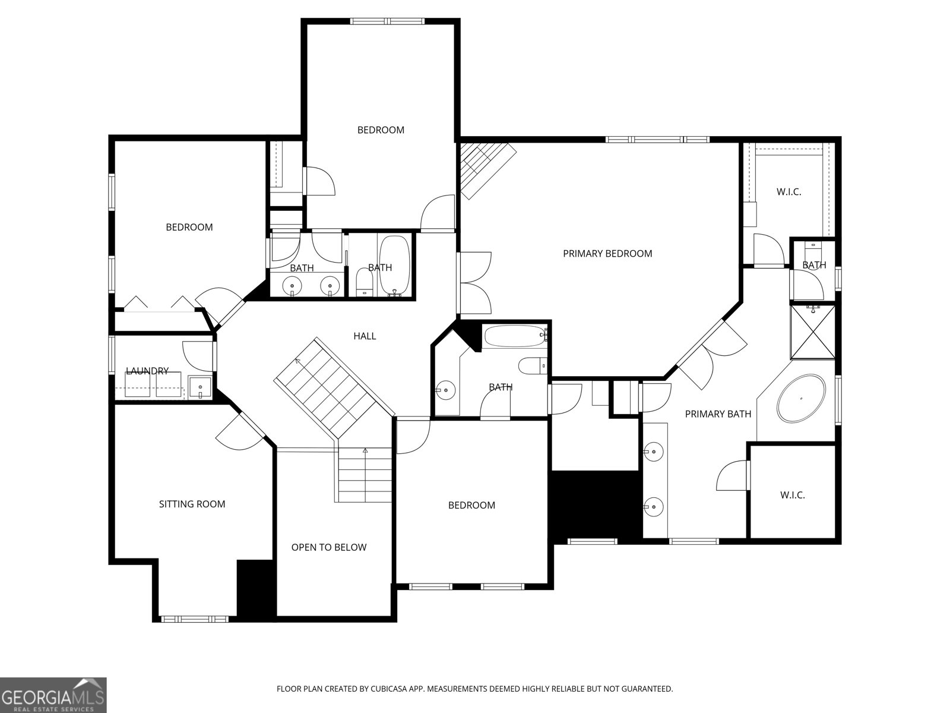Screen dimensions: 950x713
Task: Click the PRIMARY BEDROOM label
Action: click(x=607, y=254)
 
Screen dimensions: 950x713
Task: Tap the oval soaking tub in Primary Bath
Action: click(x=801, y=398)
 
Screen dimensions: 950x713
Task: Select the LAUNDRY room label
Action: click(x=147, y=371)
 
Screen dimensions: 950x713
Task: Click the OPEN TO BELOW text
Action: click(x=329, y=547)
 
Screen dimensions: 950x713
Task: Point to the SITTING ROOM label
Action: click(x=192, y=504)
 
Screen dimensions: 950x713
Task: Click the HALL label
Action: click(x=365, y=336)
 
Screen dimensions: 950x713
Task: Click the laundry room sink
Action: click(x=200, y=387)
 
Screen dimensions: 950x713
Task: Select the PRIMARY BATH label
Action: click(x=718, y=414)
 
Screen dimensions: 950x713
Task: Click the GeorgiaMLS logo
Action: click(x=53, y=695)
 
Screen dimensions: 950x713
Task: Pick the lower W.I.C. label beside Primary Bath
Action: click(x=793, y=496)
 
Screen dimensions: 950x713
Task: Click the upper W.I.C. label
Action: click(x=788, y=192)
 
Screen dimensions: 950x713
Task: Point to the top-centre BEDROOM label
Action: click(x=381, y=130)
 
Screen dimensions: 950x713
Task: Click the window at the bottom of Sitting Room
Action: click(x=195, y=619)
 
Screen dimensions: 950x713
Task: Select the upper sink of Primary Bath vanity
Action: click(x=654, y=452)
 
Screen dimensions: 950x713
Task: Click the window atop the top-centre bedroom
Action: click(x=387, y=21)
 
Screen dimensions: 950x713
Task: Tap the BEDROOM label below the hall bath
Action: click(x=471, y=505)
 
